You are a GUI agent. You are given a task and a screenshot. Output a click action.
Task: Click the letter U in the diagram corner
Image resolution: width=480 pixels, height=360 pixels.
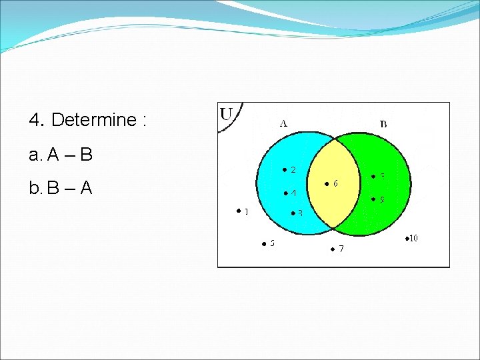[x=226, y=114]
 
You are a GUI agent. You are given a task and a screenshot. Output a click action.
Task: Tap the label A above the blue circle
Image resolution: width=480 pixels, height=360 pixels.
[x=283, y=123]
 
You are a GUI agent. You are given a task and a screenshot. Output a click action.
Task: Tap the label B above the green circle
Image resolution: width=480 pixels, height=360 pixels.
[x=383, y=123]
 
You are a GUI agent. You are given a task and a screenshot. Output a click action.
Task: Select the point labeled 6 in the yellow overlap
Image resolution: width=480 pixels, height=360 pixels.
[x=327, y=183]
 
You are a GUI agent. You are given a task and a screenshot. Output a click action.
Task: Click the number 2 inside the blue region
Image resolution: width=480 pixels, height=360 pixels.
[x=293, y=170]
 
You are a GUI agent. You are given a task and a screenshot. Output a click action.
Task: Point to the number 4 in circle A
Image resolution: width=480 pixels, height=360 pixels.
[x=293, y=193]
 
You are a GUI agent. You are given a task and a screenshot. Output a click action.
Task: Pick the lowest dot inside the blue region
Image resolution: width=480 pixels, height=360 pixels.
[x=291, y=213]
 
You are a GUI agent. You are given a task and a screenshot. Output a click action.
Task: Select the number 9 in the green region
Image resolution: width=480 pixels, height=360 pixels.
[x=382, y=199]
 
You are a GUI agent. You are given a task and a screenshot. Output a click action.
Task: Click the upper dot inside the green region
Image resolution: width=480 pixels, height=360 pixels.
[x=373, y=177]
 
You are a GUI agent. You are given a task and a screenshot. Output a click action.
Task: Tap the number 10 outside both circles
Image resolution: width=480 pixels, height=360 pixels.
[x=413, y=238]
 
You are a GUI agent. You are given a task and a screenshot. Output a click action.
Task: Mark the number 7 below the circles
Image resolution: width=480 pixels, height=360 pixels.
[x=341, y=249]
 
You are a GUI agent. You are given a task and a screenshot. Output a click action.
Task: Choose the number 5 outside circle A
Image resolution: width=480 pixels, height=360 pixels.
[x=272, y=243]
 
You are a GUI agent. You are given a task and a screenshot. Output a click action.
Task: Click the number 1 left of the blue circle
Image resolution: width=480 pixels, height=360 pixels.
[x=246, y=212]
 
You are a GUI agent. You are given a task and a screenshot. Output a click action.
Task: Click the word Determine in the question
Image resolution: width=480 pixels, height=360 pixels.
[x=93, y=120]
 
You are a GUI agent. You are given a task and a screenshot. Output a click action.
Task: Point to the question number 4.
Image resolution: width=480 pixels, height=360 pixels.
[x=36, y=120]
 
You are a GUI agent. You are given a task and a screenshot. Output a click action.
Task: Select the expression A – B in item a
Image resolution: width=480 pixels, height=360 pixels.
[x=69, y=155]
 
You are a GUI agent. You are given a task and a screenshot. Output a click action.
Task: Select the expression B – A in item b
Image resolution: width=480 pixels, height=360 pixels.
[x=69, y=189]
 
